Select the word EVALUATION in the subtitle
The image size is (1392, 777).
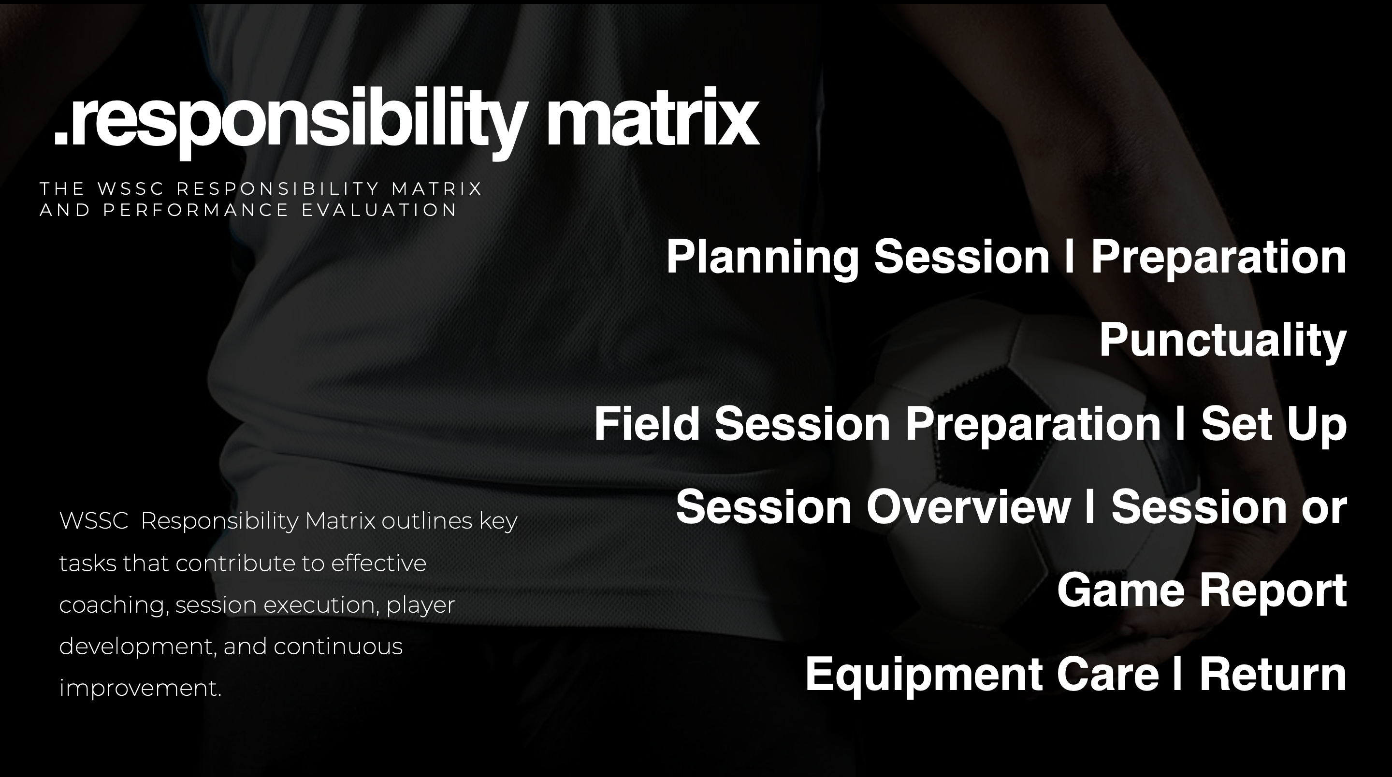[x=379, y=210]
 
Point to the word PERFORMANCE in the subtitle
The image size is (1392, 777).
[x=196, y=210]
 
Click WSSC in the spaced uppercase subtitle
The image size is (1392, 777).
[x=131, y=188]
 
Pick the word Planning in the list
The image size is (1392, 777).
[x=763, y=258]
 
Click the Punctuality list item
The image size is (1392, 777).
[x=1223, y=340]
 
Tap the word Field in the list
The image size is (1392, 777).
[x=647, y=424]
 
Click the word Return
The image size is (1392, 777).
[x=1273, y=674]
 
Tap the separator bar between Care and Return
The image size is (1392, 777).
[x=1177, y=673]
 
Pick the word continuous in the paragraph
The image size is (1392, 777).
[x=338, y=646]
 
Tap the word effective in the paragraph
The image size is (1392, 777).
[x=379, y=563]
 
